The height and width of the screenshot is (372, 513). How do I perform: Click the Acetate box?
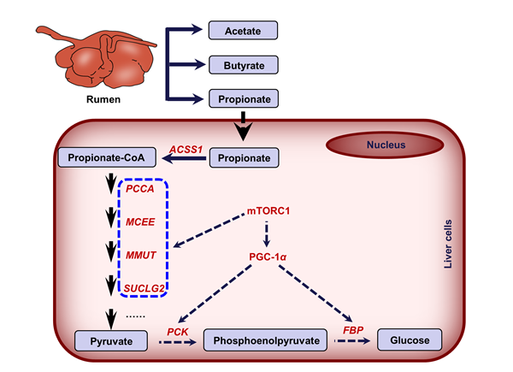(244, 30)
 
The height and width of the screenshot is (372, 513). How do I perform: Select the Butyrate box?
(244, 65)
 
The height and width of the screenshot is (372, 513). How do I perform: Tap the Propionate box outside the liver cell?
(244, 99)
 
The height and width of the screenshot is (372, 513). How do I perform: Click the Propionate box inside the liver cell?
(245, 158)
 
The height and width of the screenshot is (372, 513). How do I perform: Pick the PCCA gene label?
(139, 189)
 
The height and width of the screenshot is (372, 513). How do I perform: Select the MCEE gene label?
(139, 222)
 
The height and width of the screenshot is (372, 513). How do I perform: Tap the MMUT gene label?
(139, 255)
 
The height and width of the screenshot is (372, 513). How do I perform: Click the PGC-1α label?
(268, 255)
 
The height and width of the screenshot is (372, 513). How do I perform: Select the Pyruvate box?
(108, 342)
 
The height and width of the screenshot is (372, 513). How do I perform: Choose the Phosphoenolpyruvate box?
(266, 342)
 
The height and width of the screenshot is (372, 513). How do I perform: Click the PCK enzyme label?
(177, 331)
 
